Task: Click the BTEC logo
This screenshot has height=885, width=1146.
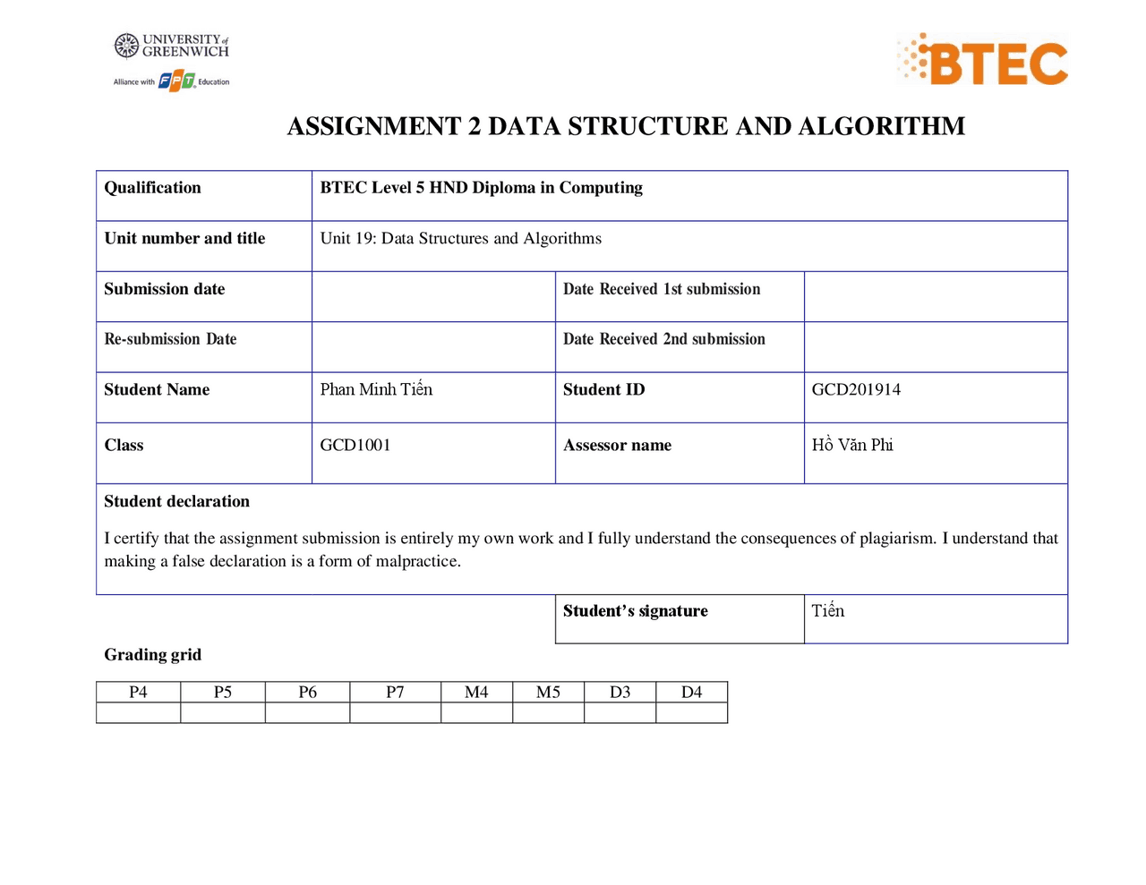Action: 983,61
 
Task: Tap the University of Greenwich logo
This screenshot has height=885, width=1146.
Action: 172,46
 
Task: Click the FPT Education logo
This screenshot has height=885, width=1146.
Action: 176,81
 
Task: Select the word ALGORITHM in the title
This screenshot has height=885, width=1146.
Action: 881,126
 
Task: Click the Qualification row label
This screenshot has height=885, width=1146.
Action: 152,188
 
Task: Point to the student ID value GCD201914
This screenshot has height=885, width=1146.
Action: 856,390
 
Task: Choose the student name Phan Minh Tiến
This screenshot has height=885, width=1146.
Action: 376,390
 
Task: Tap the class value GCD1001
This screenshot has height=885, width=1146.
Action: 355,446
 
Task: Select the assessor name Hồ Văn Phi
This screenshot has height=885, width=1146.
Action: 852,446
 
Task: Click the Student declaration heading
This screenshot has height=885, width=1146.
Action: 176,502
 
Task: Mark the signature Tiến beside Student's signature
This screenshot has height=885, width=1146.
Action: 828,611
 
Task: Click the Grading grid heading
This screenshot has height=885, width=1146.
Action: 152,655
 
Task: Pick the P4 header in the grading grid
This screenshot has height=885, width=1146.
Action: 138,693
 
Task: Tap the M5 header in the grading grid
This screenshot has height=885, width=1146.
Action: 548,693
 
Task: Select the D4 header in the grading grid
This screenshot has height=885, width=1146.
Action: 691,693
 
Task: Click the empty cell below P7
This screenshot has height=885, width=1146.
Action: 395,713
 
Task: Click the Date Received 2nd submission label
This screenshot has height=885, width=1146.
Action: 663,340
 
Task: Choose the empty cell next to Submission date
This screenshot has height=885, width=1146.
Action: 433,297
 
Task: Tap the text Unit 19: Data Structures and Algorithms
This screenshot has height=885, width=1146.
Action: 461,239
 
